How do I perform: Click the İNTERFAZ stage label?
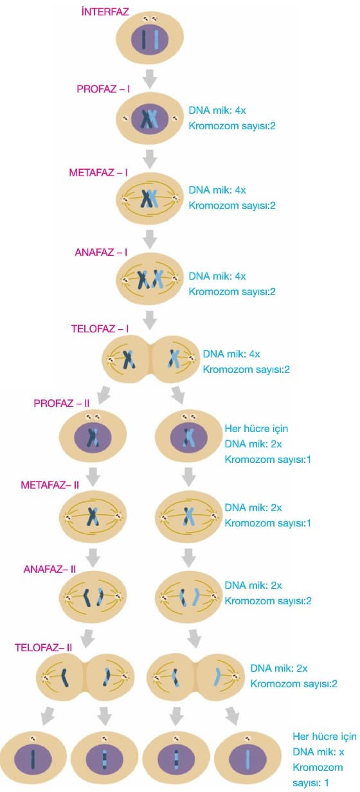(x=105, y=12)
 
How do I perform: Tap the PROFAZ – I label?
(x=104, y=89)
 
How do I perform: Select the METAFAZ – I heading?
(x=98, y=172)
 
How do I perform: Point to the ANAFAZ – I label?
(x=101, y=253)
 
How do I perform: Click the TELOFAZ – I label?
(x=100, y=329)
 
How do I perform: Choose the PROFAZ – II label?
(x=62, y=403)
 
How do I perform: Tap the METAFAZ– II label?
(x=50, y=485)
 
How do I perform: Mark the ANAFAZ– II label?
(x=50, y=569)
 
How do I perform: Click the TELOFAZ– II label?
(x=43, y=647)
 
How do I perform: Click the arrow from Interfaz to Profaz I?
(x=150, y=78)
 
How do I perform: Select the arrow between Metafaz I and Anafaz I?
(x=150, y=239)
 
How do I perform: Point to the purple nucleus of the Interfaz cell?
(x=150, y=39)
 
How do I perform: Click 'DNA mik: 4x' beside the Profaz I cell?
(x=217, y=111)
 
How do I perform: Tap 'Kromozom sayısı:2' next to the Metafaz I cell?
(x=232, y=206)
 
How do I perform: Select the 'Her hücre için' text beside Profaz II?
(x=256, y=429)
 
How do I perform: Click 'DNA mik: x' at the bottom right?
(x=318, y=751)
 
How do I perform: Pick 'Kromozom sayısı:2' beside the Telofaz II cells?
(x=294, y=683)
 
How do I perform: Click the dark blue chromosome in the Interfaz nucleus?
(x=143, y=39)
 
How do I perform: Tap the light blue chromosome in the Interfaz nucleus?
(x=156, y=39)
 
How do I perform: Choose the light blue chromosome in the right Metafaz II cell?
(x=189, y=516)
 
